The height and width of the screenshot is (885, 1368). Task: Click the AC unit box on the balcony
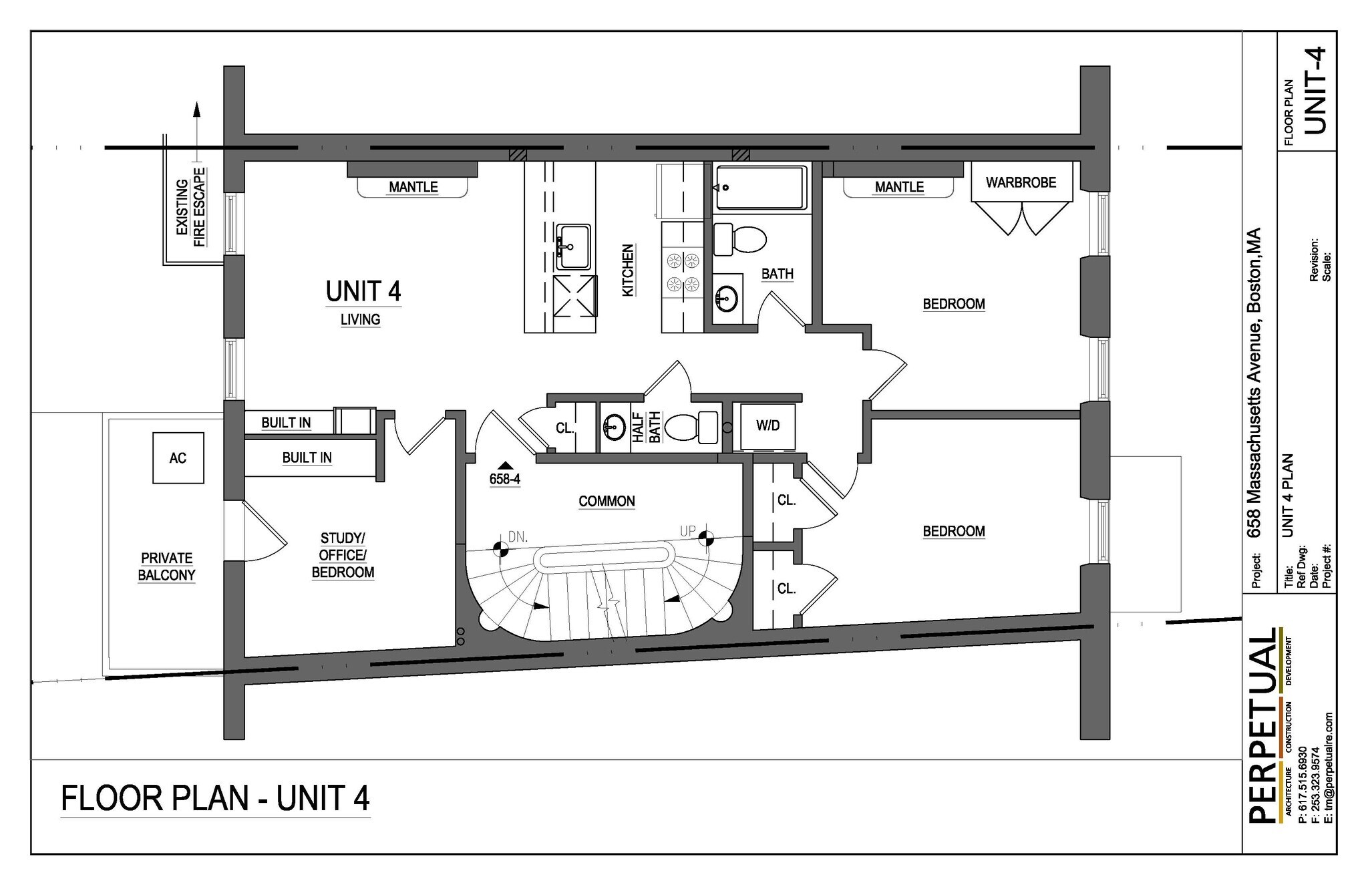click(178, 458)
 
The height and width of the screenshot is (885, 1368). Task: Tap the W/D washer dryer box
click(767, 426)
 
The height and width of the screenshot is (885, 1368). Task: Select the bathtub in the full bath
click(759, 188)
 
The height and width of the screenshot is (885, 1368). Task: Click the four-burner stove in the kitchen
click(682, 273)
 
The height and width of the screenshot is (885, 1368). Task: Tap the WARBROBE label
click(1021, 182)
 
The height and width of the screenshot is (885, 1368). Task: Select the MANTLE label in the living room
click(413, 187)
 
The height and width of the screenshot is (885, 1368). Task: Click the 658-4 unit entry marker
click(505, 475)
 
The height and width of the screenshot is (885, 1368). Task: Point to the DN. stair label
click(518, 536)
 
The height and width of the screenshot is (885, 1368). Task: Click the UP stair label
click(687, 532)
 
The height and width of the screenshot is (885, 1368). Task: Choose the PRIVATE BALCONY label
click(166, 566)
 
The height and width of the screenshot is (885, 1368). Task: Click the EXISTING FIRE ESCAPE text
click(190, 207)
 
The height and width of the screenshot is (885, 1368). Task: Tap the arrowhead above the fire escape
click(196, 110)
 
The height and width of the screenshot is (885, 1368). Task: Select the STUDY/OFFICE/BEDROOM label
click(343, 555)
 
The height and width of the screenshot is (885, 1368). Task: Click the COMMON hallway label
click(607, 501)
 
